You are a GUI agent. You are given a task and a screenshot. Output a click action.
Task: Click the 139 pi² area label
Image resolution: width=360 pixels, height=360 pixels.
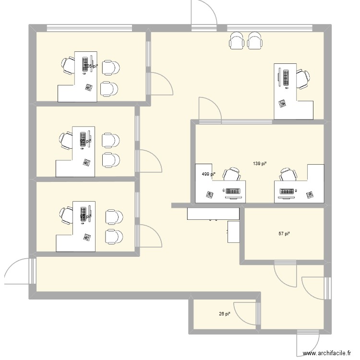[x=260, y=164]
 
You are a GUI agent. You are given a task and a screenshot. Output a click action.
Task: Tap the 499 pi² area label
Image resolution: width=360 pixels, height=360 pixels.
[x=208, y=174]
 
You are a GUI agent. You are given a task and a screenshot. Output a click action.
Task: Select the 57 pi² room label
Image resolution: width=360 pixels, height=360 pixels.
[x=284, y=234]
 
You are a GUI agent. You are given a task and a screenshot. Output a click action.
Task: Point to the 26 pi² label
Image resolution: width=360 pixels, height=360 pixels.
[x=225, y=314]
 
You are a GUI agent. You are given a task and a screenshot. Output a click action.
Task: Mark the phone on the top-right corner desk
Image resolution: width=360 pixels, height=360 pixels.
[x=282, y=103]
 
